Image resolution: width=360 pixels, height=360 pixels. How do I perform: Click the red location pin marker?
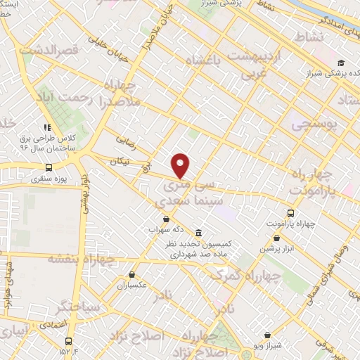point(181,165)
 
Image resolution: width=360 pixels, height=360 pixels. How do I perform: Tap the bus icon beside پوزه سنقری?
point(49,167)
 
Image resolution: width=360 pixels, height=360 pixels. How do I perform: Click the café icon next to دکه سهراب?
point(165,219)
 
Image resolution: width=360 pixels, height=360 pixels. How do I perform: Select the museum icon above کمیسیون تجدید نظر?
point(200,233)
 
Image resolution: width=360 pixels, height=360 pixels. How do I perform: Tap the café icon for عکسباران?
point(131,275)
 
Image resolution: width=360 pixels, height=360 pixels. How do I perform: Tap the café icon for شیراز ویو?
point(266,335)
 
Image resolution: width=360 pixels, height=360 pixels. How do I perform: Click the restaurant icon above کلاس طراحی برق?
point(47,127)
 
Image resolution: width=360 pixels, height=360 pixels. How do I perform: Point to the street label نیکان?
point(120,162)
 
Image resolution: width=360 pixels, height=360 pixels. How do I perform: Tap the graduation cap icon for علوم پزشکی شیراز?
point(341,63)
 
